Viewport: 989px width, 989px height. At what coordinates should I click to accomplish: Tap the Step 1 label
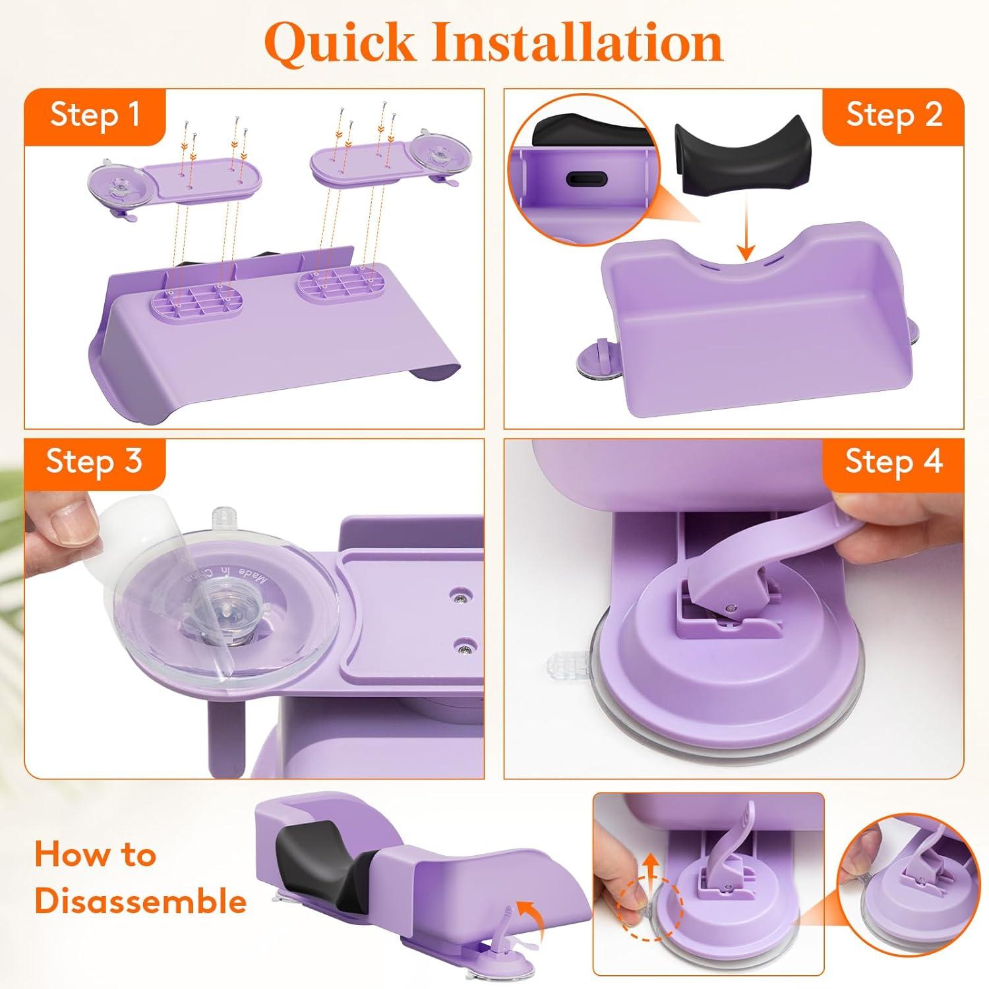(96, 115)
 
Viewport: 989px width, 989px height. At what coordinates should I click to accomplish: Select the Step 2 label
(893, 115)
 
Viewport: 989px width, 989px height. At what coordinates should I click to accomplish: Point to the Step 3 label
(94, 461)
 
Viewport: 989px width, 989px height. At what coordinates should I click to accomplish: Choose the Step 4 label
(893, 461)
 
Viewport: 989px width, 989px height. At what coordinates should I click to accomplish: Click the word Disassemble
(140, 901)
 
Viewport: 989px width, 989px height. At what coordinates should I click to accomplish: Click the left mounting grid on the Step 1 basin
(190, 303)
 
